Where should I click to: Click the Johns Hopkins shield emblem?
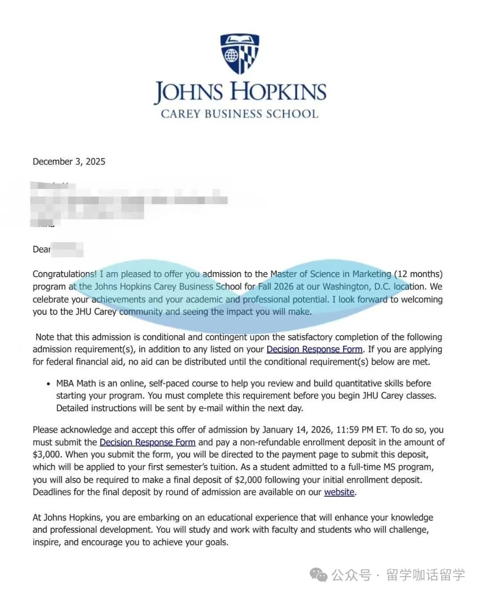coord(240,53)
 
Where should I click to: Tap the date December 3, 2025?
coord(69,161)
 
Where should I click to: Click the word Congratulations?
coord(64,274)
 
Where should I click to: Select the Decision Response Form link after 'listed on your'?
coord(314,349)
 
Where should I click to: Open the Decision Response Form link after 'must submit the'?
coord(148,442)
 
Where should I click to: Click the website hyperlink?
coord(339,492)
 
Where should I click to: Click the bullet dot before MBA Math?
coord(48,384)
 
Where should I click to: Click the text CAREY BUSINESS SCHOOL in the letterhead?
coord(240,114)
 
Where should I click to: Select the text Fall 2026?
coord(276,286)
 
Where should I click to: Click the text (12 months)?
coord(418,274)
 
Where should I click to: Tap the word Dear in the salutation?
coord(41,249)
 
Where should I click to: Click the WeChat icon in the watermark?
coord(319,574)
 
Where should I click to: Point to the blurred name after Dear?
coord(67,249)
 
